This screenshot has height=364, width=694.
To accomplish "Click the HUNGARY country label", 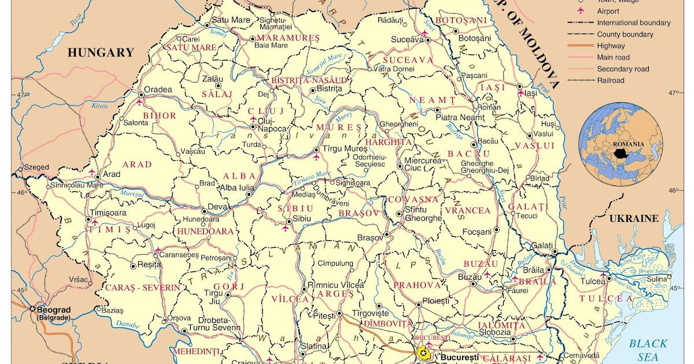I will coord(101,53).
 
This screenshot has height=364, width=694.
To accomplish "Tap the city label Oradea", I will coord(158,90).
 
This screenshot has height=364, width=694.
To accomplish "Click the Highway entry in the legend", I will coord(611,46).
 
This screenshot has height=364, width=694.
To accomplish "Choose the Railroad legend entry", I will coord(611,80).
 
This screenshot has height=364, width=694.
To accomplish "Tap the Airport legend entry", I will coord(608,11).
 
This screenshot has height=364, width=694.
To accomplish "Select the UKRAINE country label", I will coord(634,218).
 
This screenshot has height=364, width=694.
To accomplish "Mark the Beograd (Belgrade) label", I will coord(54,313).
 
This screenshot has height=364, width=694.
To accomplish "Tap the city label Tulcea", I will coord(593,281).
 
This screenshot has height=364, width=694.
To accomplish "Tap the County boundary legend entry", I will coord(625,34).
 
